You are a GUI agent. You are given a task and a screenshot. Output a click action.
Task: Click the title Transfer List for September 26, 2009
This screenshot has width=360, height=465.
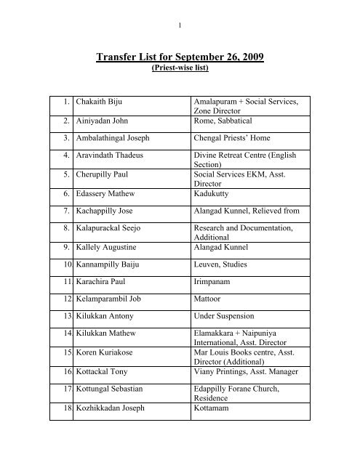pyautogui.click(x=180, y=60)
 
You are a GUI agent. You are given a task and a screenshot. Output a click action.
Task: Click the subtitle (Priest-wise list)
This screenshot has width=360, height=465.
pyautogui.click(x=180, y=73)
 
